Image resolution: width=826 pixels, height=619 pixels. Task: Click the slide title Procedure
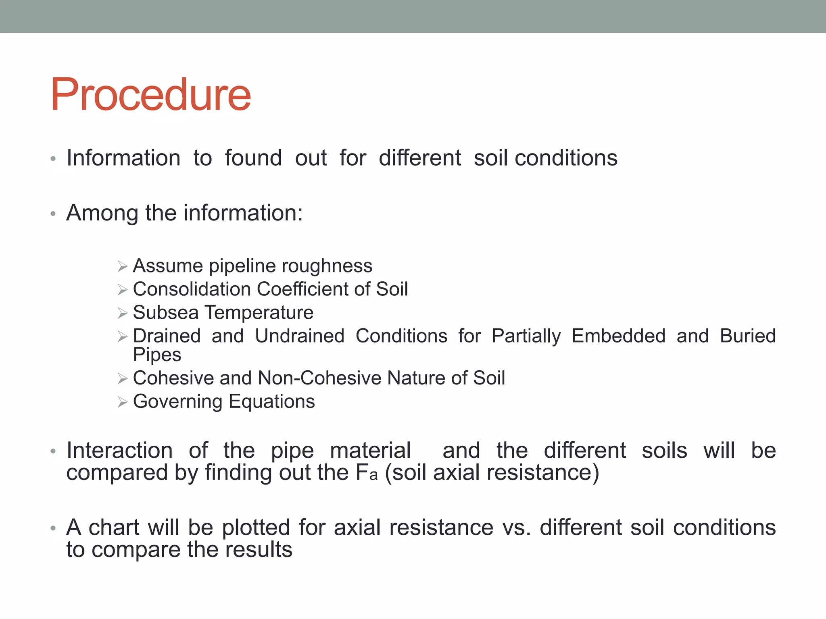150,95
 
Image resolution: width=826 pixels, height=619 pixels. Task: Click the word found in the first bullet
253,158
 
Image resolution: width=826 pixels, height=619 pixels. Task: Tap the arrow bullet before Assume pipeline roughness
123,266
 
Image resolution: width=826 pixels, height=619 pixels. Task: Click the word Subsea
166,313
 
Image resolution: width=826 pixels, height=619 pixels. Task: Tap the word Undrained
300,336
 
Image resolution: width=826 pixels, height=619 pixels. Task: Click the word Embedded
618,336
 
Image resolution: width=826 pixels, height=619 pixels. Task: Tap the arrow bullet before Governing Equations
123,402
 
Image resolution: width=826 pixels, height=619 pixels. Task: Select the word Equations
272,402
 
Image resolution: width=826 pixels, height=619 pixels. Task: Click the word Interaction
119,451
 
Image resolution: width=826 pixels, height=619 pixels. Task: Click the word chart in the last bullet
113,528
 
